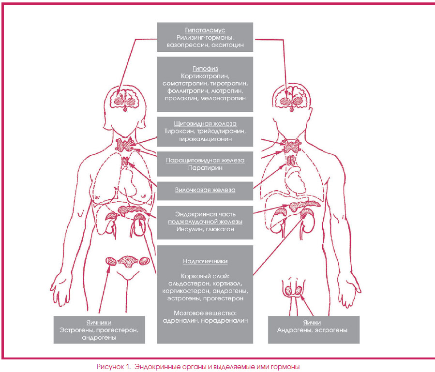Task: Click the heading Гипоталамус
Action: [205, 30]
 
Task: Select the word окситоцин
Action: [228, 45]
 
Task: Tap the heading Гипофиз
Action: [205, 69]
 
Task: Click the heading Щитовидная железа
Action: [205, 124]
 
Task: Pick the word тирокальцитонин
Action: [205, 139]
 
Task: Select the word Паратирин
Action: [205, 168]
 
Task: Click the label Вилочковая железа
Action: [205, 190]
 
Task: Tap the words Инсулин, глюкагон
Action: [205, 229]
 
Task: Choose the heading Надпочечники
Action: [205, 261]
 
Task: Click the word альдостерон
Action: [190, 284]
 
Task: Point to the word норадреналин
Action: [224, 321]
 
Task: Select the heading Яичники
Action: [99, 323]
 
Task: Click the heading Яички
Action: [312, 323]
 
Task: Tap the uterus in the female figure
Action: [128, 261]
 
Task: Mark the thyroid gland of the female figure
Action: [125, 145]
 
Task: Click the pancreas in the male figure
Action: [304, 205]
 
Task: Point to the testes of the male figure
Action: [294, 290]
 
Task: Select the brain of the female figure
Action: [125, 99]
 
